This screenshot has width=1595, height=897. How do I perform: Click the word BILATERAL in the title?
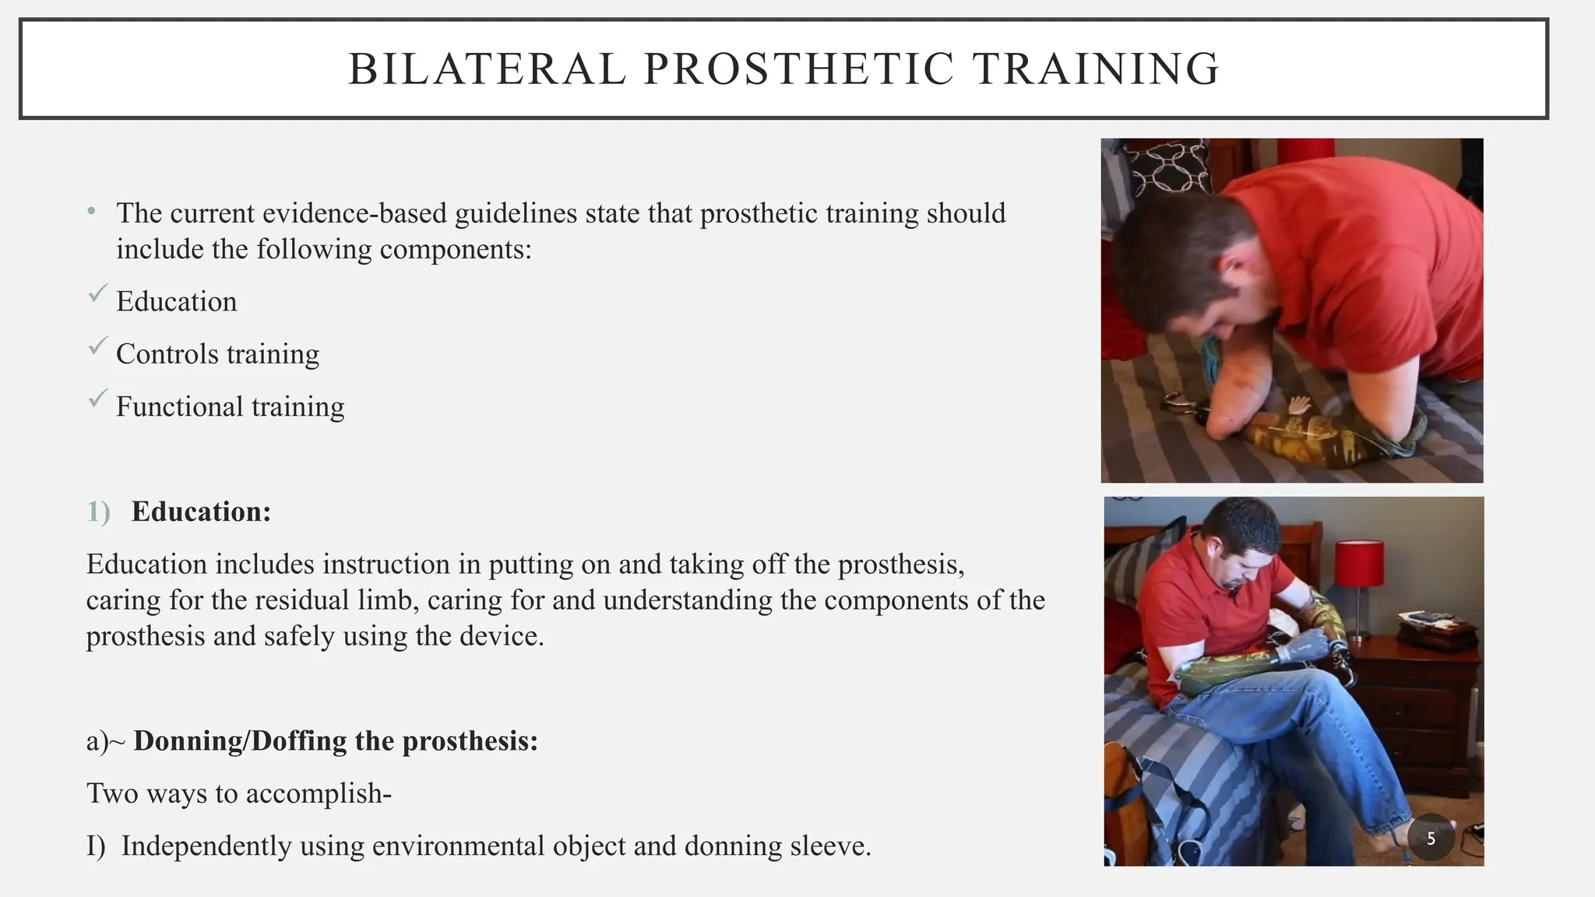pos(487,69)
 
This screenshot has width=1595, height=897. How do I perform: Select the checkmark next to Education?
pos(97,294)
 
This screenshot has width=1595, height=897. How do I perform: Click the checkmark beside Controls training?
pos(97,346)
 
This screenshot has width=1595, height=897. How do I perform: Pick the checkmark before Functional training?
pos(97,398)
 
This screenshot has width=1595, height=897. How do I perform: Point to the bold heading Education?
pos(201,512)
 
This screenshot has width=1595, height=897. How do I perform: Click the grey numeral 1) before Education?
pos(98,512)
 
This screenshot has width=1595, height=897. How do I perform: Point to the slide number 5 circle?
pos(1431,839)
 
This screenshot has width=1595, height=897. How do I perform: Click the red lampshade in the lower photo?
pos(1359,562)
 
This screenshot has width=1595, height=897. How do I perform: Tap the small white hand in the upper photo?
pos(1297,406)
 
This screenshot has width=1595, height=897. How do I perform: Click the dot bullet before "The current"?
pos(92,211)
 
